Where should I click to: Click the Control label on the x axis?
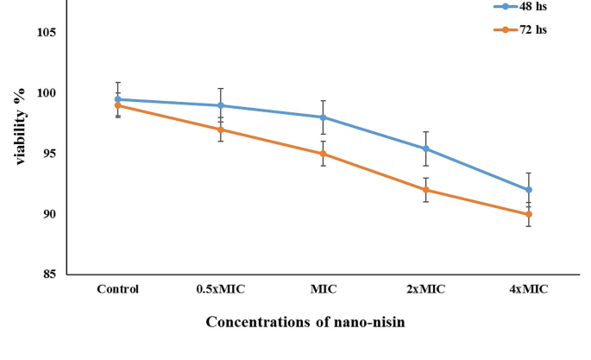click(118, 289)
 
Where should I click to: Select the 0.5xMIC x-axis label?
click(220, 289)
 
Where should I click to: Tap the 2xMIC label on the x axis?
click(425, 289)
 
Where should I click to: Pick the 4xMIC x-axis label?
click(528, 289)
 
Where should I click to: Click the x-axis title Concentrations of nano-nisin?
click(305, 323)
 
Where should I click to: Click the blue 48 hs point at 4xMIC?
click(528, 190)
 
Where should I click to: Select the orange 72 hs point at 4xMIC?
click(528, 214)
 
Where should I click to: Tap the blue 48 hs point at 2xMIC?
click(425, 148)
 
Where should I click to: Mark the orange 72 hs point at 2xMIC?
click(425, 190)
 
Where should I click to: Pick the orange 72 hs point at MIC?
click(323, 154)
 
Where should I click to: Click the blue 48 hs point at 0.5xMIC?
click(220, 105)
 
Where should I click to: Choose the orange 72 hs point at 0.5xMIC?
click(220, 129)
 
